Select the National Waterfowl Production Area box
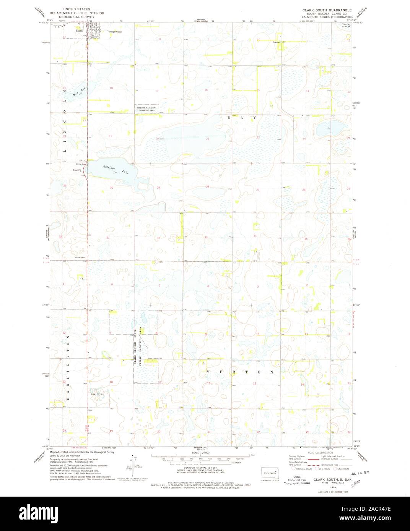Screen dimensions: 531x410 tap(146, 109)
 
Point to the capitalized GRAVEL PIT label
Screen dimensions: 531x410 tap(97, 393)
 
